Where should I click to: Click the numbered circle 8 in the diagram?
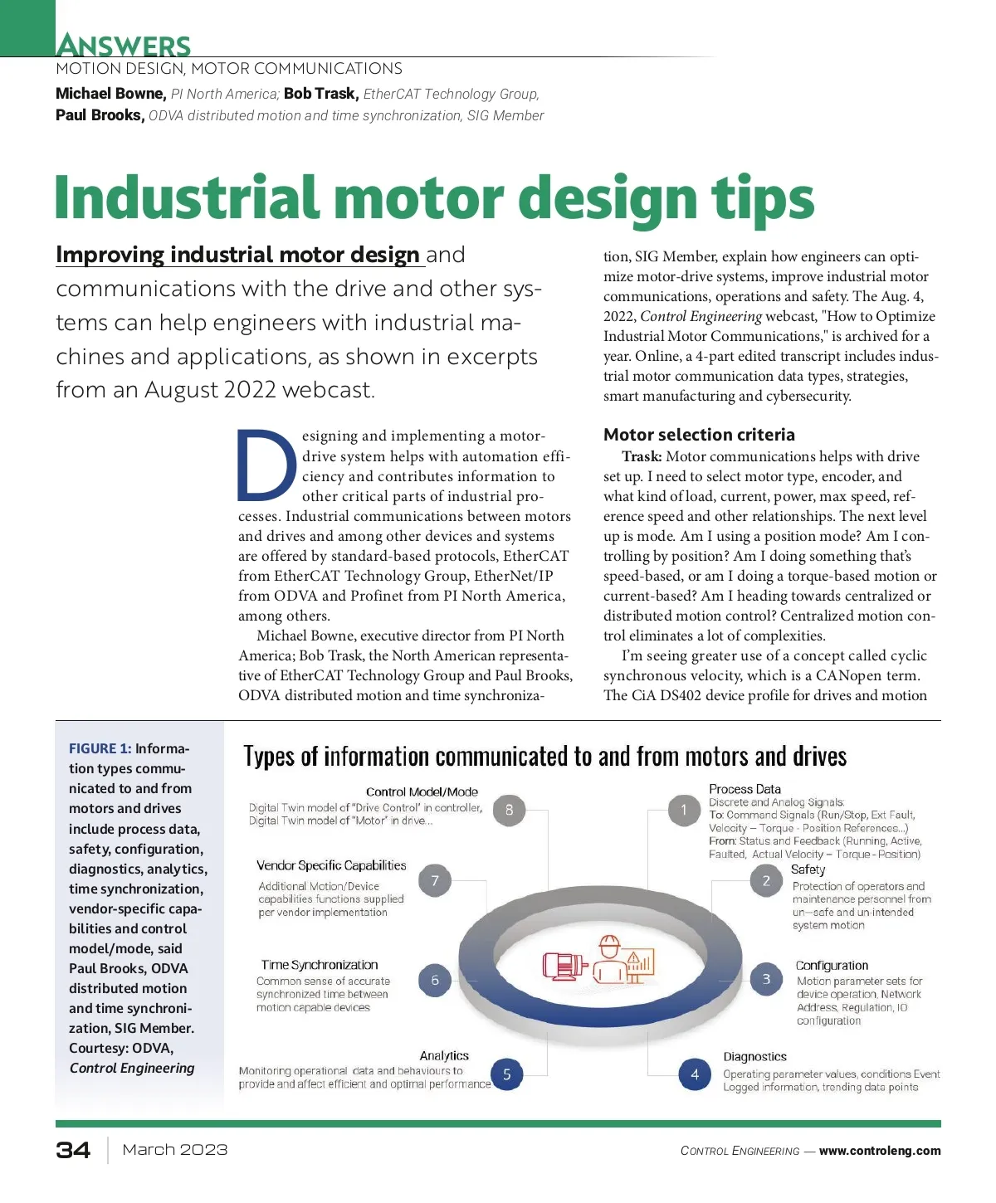coord(509,810)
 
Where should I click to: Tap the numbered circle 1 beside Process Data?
coord(684,810)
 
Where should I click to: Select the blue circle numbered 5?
coord(506,1074)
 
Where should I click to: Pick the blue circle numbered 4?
coord(695,1074)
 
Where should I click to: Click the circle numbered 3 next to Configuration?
coord(766,979)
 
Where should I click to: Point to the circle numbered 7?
coord(435,881)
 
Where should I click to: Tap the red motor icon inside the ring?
coord(564,966)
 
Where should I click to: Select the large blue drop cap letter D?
coord(266,465)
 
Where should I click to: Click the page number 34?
coord(73,1150)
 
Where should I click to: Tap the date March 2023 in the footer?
coord(174,1150)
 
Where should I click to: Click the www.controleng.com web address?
coord(880,1151)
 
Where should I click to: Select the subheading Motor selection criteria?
coord(699,435)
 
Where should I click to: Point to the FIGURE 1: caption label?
coord(100,748)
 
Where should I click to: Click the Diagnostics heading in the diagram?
coord(754,1056)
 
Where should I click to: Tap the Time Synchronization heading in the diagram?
coord(320,965)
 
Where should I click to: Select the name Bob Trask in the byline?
coord(320,94)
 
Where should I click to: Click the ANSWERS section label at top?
coord(124,45)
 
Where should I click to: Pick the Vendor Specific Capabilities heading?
coord(331,865)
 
